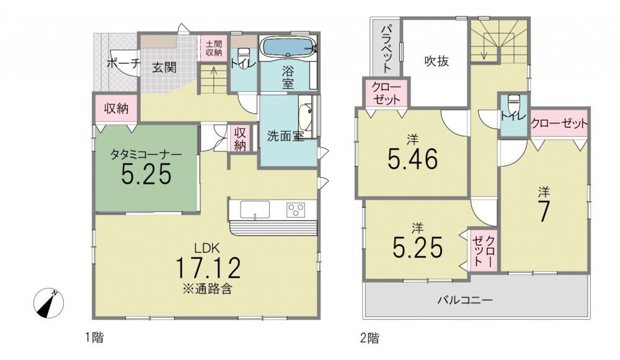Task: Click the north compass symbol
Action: (50, 303)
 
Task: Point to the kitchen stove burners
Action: (296, 208)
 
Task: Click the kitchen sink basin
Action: (255, 209)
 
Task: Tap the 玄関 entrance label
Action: (164, 68)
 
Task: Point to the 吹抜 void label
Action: (436, 61)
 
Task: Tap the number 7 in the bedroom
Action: (544, 212)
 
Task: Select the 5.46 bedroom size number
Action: (413, 159)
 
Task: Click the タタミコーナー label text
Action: (146, 154)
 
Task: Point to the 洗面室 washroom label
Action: (285, 136)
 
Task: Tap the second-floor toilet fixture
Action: (513, 105)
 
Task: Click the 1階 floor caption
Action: (94, 338)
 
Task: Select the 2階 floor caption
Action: (370, 338)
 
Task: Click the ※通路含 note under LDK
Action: (207, 289)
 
